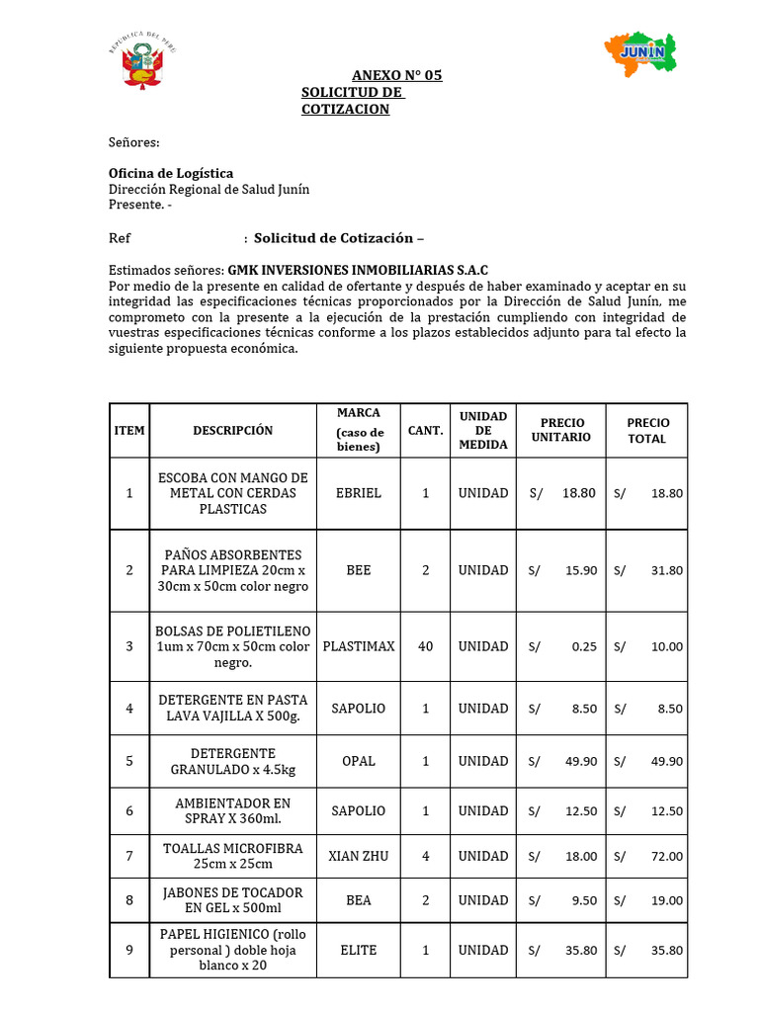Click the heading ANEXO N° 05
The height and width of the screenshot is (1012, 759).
click(397, 76)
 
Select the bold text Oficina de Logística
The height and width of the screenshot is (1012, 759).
click(171, 173)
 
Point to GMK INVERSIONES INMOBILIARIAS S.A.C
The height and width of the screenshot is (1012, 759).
click(358, 270)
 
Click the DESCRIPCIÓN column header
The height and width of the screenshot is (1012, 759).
click(232, 430)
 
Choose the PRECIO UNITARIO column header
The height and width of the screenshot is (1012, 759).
click(560, 430)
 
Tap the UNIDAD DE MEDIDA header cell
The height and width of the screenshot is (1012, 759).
click(482, 431)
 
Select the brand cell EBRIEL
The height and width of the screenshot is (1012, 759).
click(358, 493)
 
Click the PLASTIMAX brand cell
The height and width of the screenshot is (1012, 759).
click(358, 646)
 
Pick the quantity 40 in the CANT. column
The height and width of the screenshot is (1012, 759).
click(425, 646)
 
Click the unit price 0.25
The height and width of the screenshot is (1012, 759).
click(583, 646)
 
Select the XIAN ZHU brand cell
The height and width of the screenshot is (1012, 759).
click(358, 856)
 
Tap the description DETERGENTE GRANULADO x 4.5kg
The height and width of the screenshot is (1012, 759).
click(232, 762)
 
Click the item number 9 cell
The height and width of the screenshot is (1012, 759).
click(129, 950)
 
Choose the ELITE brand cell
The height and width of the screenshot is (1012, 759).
click(358, 950)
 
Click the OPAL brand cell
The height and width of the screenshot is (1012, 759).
click(358, 762)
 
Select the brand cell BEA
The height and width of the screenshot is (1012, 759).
click(358, 900)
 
